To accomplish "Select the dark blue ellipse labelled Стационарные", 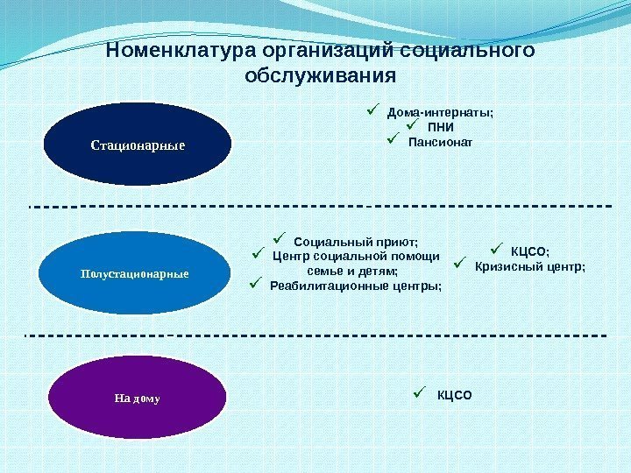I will pos(138,143).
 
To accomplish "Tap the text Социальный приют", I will pos(356,242).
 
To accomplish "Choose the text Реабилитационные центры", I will pos(356,286).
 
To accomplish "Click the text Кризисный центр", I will pos(529,266).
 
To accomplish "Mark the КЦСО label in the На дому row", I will pos(454,395).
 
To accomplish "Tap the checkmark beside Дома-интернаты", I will pos(372,110).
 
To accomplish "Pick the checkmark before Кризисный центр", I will pos(460,263).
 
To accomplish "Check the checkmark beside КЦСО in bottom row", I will pos(422,392).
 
